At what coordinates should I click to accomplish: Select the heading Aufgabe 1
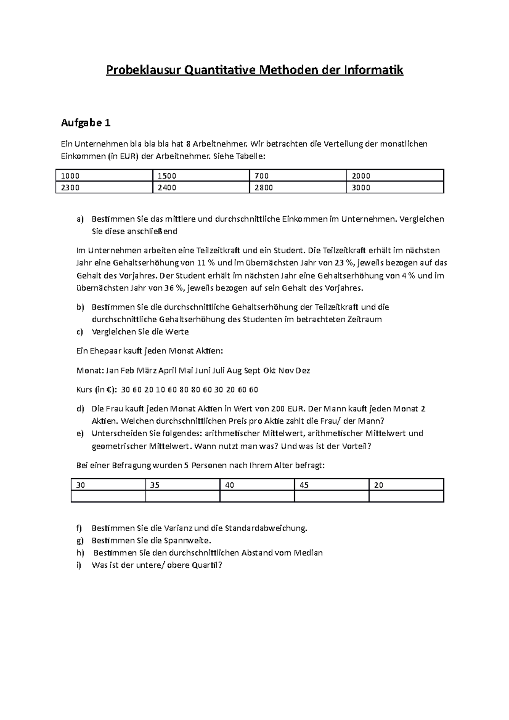point(86,123)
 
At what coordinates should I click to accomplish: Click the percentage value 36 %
point(175,288)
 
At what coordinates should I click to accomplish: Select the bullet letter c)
point(80,332)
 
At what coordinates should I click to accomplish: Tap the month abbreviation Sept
point(252,371)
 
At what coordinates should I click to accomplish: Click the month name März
point(146,371)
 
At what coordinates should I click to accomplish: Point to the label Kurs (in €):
point(96,390)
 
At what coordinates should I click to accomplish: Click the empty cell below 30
point(108,497)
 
